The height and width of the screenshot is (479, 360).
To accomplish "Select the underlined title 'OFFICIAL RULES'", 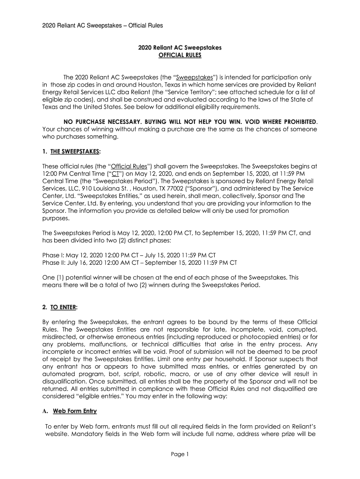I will [180, 55].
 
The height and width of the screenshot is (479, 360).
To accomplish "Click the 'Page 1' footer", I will [180, 454].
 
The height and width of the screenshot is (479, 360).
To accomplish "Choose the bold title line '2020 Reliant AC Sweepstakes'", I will [180, 48].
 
